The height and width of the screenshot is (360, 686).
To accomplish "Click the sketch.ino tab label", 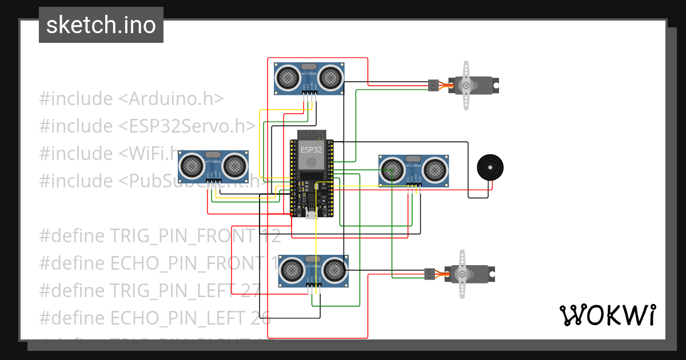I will click(101, 25).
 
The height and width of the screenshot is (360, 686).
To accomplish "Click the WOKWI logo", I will click(607, 315).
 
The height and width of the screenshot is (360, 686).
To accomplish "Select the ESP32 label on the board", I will click(311, 149).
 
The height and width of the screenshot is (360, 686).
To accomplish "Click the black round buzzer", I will click(490, 167).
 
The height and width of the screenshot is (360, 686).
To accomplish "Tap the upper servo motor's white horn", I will click(466, 86).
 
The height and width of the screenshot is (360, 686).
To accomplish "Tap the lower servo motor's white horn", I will click(461, 274).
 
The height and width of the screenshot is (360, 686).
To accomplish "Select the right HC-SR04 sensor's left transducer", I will click(393, 169).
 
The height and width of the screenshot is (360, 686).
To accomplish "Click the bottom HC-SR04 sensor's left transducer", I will click(292, 269).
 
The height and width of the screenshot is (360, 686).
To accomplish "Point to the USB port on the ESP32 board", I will click(310, 214).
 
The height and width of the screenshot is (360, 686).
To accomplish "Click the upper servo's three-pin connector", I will click(433, 86).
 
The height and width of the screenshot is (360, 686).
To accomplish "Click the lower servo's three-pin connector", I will click(429, 274).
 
